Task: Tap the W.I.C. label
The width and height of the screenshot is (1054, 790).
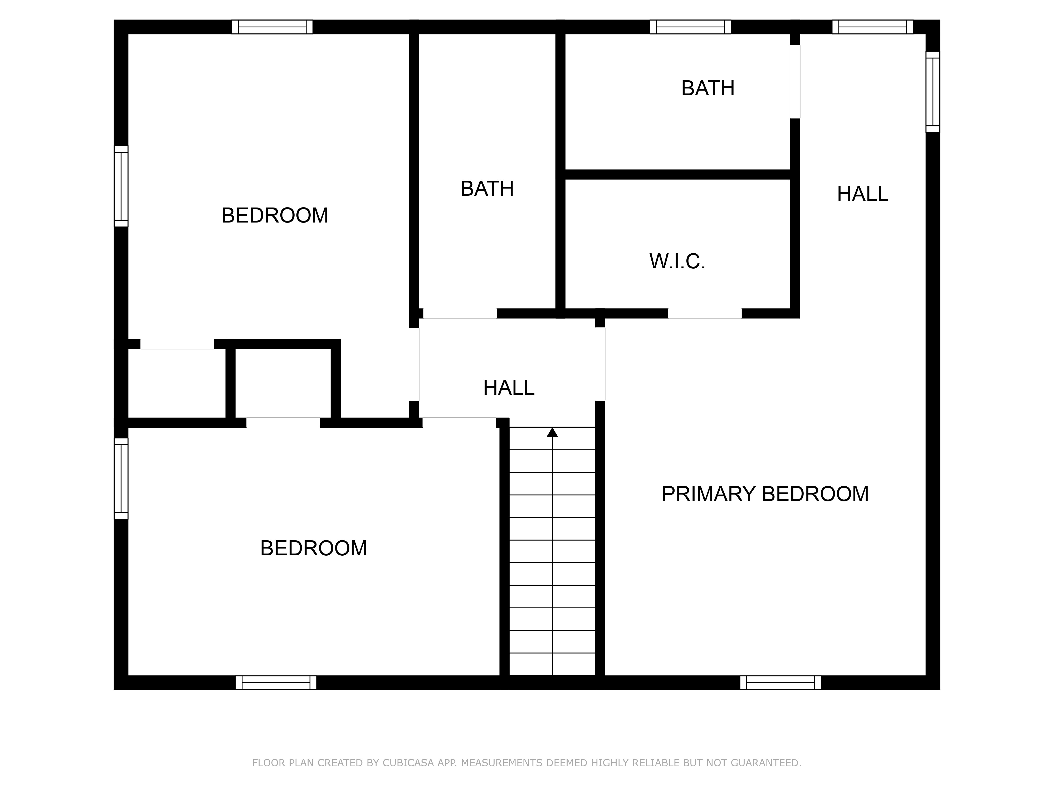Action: point(677,261)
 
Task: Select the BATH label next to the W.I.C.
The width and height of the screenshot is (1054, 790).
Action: point(707,88)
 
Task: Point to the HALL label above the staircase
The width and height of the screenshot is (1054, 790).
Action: point(508,388)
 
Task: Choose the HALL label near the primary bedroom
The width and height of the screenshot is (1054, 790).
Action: point(862,194)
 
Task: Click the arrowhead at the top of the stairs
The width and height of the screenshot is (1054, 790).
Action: point(552,432)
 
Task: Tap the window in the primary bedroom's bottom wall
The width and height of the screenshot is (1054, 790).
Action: point(780,682)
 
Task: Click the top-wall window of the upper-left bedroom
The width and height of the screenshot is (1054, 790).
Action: point(272,27)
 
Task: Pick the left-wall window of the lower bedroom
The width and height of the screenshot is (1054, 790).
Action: point(121,478)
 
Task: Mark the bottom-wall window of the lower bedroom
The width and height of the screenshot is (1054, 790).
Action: point(276,682)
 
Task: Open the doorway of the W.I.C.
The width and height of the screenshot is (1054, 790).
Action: point(705,313)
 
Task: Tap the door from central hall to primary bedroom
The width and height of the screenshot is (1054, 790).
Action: point(600,364)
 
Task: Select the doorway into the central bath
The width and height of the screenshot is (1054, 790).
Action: point(460,313)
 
